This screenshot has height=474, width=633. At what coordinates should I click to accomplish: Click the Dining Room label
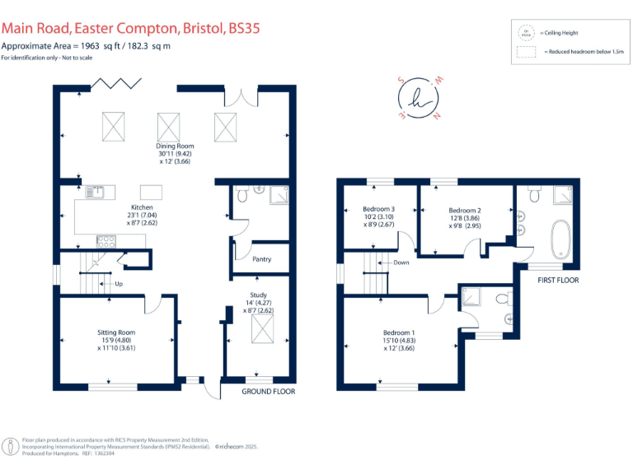(x=170, y=146)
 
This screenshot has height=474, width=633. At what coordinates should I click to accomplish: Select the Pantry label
(x=261, y=259)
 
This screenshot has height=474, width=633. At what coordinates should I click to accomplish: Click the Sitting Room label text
(x=115, y=332)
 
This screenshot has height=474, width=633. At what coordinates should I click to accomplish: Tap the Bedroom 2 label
(x=465, y=210)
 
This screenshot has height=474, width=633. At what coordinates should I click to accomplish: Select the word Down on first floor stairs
(x=401, y=263)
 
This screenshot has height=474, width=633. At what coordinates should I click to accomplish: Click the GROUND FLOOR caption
(x=268, y=392)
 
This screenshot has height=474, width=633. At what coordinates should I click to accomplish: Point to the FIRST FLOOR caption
(x=558, y=281)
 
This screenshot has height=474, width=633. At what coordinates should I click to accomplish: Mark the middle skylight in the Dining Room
(x=169, y=126)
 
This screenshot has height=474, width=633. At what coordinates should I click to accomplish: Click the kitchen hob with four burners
(x=106, y=241)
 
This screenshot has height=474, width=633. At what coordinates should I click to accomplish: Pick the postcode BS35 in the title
(x=245, y=29)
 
